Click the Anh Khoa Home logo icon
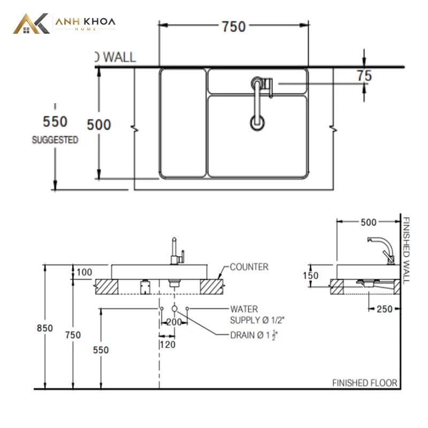click(x=31, y=24)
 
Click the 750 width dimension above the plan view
click(x=234, y=27)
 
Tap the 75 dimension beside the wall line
click(x=365, y=75)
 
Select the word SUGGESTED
click(x=55, y=140)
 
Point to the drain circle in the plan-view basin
click(x=257, y=123)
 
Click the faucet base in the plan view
click(x=257, y=83)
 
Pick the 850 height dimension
click(x=45, y=328)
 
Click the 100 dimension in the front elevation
click(x=85, y=272)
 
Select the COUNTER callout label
click(x=249, y=266)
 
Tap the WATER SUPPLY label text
click(x=257, y=315)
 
